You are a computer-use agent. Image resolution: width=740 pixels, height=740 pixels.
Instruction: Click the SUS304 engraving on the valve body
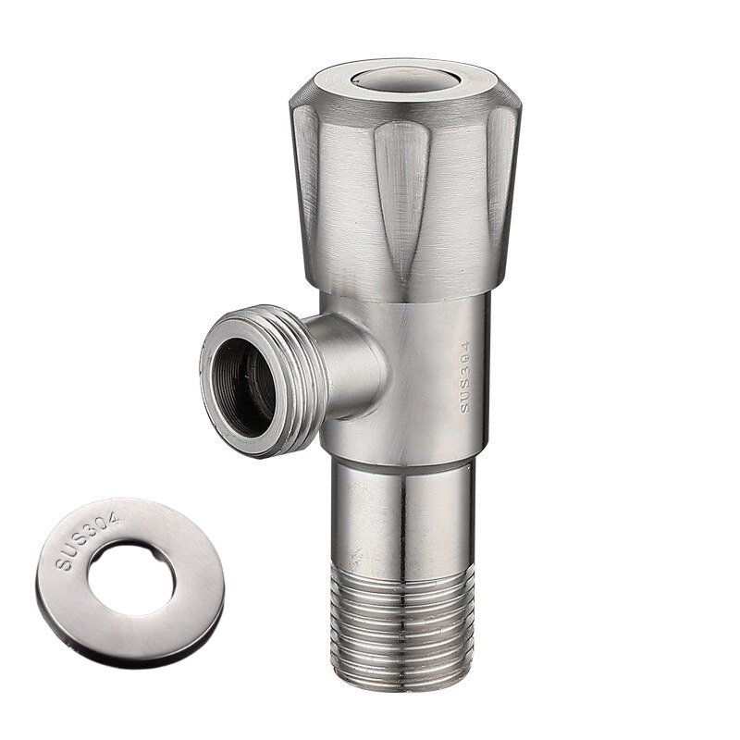(x=466, y=377)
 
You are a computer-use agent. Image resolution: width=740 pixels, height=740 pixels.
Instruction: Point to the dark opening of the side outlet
(x=242, y=388)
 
